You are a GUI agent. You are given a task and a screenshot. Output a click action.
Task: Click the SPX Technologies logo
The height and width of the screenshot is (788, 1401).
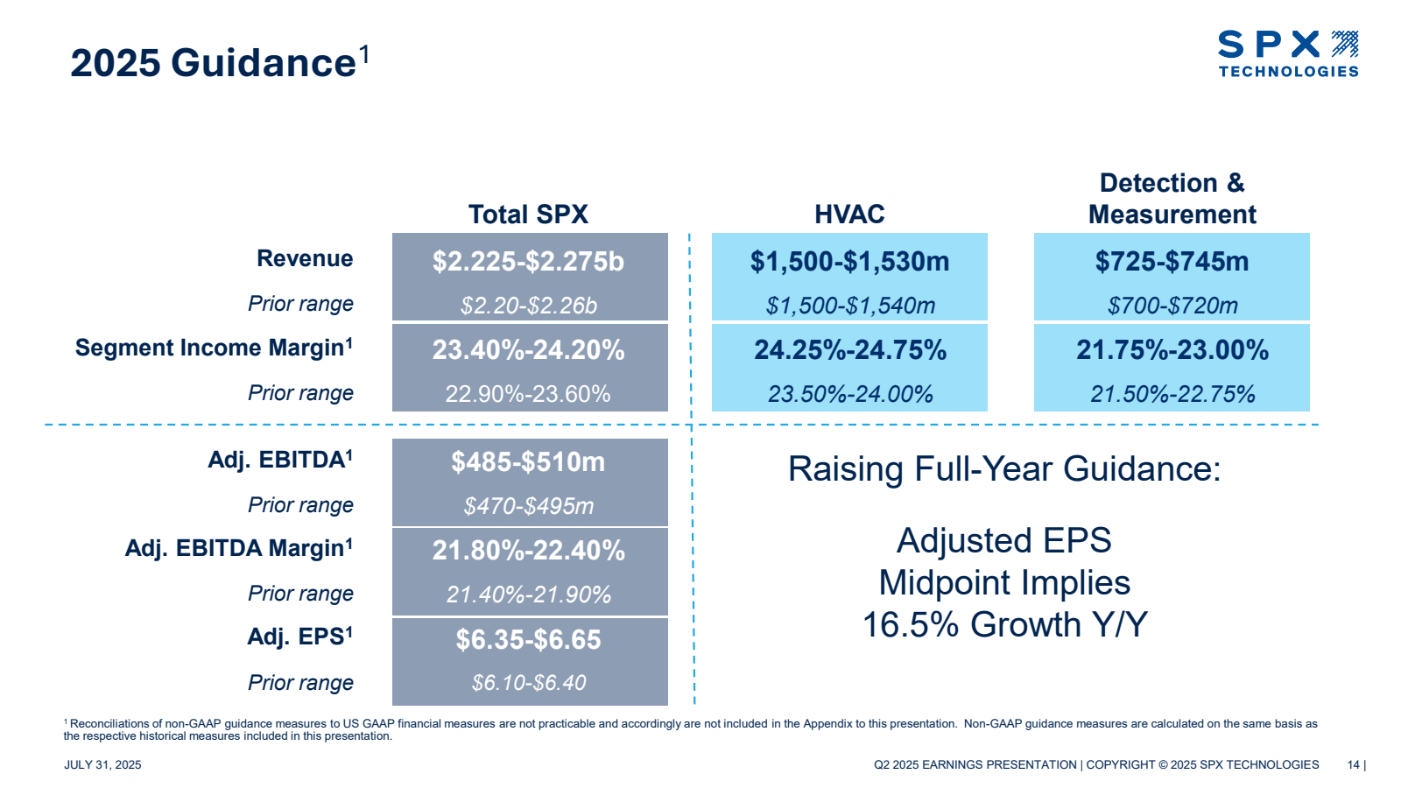[1287, 53]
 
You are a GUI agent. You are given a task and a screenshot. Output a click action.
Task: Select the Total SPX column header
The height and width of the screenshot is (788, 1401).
[528, 215]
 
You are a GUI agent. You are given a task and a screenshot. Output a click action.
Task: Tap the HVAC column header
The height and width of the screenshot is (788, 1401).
[849, 215]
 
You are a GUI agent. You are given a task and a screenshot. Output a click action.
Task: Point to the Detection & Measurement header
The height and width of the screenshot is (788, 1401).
[1172, 199]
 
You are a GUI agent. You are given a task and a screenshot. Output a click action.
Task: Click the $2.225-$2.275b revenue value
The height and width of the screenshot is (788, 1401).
[528, 261]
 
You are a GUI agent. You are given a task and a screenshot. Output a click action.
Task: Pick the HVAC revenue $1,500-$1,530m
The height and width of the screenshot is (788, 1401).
[849, 261]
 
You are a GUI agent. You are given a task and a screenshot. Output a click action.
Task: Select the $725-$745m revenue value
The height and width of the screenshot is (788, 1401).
[1172, 261]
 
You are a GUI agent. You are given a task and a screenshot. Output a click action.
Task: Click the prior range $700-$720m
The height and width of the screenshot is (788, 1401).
[1172, 306]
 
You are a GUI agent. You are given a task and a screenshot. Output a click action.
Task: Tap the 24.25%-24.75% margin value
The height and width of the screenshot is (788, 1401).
[849, 350]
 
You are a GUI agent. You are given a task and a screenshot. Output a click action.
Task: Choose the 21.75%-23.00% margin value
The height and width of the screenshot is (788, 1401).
[1172, 350]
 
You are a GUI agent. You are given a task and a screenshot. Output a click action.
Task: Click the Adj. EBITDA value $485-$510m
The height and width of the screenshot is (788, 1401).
[528, 462]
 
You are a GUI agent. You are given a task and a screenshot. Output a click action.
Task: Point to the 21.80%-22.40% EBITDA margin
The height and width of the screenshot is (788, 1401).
[528, 551]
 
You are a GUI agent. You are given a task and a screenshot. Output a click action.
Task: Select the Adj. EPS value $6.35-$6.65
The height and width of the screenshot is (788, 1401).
[528, 640]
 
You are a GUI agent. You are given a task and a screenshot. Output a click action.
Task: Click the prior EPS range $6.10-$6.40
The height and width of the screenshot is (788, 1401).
[528, 683]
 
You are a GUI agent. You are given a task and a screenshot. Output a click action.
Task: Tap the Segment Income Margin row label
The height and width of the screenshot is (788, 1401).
[214, 348]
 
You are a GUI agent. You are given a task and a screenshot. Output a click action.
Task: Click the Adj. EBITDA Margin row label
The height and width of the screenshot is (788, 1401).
[238, 548]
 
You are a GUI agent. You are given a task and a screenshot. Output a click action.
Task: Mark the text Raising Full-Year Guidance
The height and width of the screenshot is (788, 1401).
[1003, 469]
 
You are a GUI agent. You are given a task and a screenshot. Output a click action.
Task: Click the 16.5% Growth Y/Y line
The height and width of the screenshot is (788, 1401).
[1003, 625]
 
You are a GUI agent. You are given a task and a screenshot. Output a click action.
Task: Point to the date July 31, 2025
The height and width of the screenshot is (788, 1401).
[102, 765]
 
